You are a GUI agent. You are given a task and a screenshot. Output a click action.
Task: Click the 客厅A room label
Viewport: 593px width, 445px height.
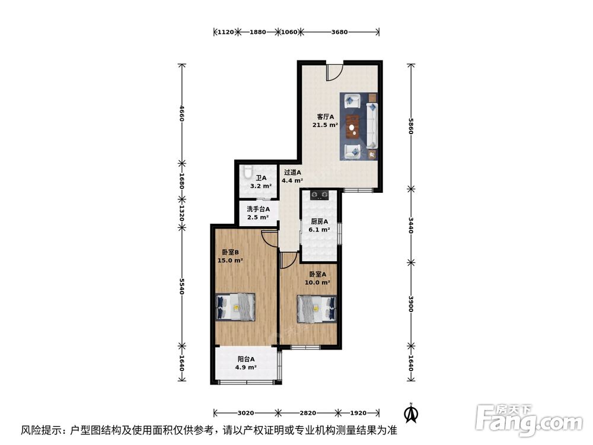[325, 116]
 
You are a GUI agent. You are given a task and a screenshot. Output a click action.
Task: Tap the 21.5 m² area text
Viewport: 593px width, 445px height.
[325, 125]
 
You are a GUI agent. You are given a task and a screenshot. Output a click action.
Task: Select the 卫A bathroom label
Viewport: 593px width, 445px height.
[260, 177]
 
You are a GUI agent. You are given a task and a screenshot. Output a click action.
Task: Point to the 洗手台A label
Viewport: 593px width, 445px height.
[258, 209]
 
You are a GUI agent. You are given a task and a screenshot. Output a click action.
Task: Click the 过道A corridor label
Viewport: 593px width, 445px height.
[292, 173]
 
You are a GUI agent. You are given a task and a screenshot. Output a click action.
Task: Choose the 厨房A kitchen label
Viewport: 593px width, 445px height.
[320, 221]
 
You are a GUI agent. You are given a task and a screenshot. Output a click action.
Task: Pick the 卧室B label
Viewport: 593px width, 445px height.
[230, 252]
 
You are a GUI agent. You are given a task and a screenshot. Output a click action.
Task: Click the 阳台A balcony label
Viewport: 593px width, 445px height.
[246, 359]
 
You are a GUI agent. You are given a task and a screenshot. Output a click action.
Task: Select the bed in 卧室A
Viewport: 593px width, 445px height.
[316, 309]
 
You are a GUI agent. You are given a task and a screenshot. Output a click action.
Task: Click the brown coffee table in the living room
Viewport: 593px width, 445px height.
[354, 125]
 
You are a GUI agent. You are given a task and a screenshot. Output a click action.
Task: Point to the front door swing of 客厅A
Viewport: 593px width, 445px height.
[334, 72]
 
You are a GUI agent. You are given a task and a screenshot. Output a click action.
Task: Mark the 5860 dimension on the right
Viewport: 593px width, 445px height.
[410, 125]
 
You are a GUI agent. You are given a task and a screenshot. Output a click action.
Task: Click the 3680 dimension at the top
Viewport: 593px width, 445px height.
[339, 31]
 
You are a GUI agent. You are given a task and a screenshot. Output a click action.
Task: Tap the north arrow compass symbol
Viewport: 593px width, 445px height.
[409, 411]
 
